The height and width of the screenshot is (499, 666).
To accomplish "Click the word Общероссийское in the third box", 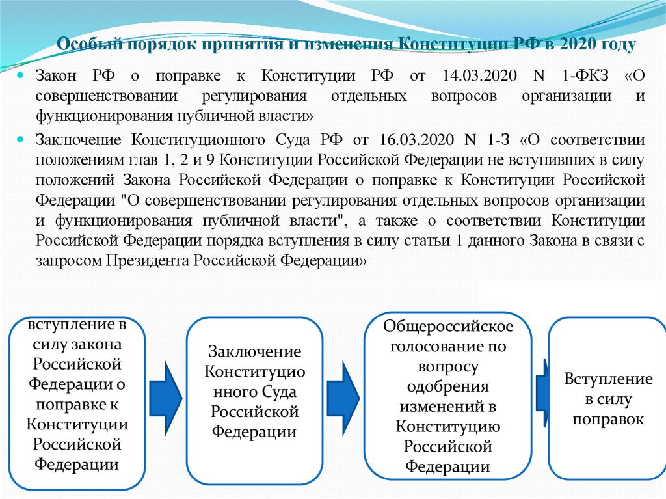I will (448, 325).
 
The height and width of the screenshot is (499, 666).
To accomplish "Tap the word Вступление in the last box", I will (608, 379).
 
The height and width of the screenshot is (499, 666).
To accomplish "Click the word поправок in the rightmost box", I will (608, 419).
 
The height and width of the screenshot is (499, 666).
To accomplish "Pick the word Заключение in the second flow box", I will (254, 352).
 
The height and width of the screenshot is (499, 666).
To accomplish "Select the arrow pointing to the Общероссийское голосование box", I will (342, 390).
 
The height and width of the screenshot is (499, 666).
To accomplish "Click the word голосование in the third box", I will (448, 345).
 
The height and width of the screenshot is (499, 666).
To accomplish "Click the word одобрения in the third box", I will (448, 386).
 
